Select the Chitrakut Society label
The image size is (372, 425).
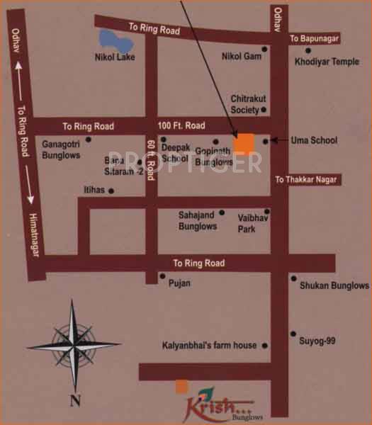[245, 104]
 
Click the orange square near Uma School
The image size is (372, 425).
[244, 142]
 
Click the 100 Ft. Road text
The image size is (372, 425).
[182, 125]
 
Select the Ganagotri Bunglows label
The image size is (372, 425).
[63, 147]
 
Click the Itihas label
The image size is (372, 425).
[93, 191]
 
